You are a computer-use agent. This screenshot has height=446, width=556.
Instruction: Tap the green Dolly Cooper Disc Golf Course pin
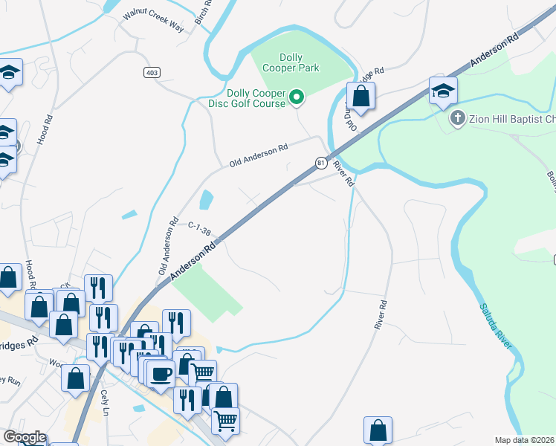pos(297,97)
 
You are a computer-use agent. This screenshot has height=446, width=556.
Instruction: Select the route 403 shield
pos(152,71)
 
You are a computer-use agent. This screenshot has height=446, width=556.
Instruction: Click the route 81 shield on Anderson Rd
pos(320,162)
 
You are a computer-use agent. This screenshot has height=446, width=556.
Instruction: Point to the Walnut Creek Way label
pos(153,22)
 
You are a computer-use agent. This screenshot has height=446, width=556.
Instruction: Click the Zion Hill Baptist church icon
pos(457,117)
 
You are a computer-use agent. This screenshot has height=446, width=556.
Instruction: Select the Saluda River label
pos(495,326)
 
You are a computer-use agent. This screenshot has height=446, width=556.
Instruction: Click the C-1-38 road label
pos(200,226)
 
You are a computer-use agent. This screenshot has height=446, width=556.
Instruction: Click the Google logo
pos(24,437)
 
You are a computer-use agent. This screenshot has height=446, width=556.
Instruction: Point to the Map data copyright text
pos(525,440)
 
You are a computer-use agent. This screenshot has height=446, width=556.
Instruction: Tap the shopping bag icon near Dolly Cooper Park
pos(361,97)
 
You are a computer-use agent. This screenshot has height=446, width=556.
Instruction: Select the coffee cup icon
pos(160,373)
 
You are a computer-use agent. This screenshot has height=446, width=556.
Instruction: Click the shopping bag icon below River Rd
pos(378,430)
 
